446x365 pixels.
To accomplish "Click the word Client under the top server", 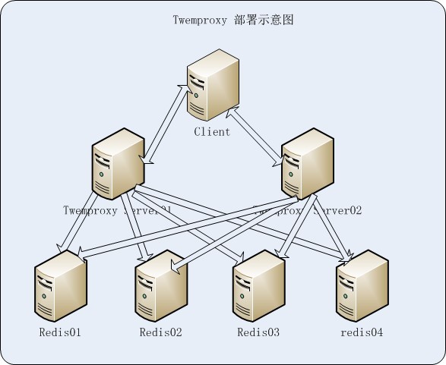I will pyautogui.click(x=212, y=131).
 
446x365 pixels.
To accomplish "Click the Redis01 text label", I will pyautogui.click(x=60, y=332).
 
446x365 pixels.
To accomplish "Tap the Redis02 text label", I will pyautogui.click(x=161, y=332).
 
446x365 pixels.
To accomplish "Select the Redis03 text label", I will pyautogui.click(x=258, y=332).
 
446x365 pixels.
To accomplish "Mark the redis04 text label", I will pyautogui.click(x=362, y=332).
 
